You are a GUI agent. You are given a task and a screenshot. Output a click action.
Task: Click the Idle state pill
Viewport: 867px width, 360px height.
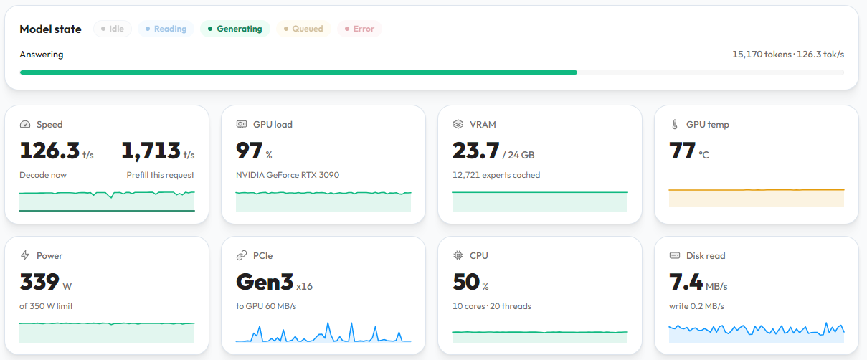pyautogui.click(x=113, y=29)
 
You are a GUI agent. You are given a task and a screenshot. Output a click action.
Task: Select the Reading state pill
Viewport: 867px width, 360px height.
pyautogui.click(x=166, y=29)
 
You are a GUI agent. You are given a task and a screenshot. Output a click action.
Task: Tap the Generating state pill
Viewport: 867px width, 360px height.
pyautogui.click(x=235, y=29)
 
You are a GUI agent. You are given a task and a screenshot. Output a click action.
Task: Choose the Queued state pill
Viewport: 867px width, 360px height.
pyautogui.click(x=303, y=29)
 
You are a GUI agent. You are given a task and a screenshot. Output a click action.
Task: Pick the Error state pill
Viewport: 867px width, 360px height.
pyautogui.click(x=359, y=29)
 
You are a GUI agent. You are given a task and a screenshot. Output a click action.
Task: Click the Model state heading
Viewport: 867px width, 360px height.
pyautogui.click(x=50, y=29)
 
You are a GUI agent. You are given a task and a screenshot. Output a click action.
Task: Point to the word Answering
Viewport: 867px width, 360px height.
pyautogui.click(x=42, y=55)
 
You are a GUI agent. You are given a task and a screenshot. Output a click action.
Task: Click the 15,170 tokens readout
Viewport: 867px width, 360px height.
pyautogui.click(x=762, y=55)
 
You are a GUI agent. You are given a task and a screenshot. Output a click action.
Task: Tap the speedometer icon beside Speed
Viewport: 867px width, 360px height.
pyautogui.click(x=25, y=124)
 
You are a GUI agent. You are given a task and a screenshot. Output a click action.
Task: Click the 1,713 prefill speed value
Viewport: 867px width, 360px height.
pyautogui.click(x=151, y=150)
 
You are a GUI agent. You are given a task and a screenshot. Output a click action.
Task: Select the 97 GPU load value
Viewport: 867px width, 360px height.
pyautogui.click(x=250, y=150)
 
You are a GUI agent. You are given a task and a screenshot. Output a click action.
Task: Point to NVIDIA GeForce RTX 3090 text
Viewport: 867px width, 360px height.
pyautogui.click(x=288, y=175)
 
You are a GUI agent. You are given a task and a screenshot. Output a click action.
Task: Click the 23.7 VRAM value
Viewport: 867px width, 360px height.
pyautogui.click(x=475, y=150)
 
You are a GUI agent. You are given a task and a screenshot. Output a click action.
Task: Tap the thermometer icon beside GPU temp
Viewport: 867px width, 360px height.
pyautogui.click(x=675, y=124)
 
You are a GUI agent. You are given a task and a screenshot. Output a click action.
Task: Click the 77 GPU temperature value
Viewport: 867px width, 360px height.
pyautogui.click(x=682, y=150)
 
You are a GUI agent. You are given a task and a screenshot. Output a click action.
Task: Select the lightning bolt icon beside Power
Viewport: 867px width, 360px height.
pyautogui.click(x=25, y=255)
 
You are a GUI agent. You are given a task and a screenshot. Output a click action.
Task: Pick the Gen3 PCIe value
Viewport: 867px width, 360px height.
pyautogui.click(x=265, y=282)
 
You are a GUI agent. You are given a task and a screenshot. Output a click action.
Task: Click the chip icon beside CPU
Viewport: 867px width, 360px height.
pyautogui.click(x=458, y=255)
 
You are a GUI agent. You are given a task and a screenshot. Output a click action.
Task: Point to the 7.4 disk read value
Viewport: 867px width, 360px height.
pyautogui.click(x=686, y=282)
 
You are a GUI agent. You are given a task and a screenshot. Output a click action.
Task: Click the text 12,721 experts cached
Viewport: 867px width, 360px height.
pyautogui.click(x=496, y=175)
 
